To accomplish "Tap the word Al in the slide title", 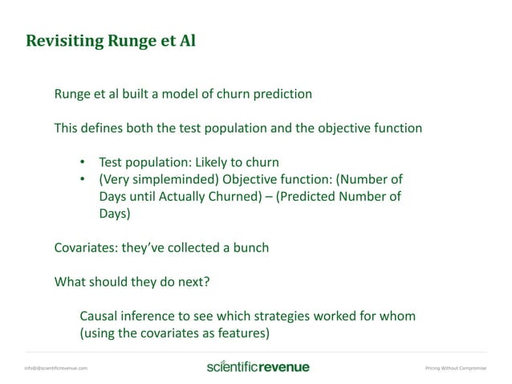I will click(x=185, y=40).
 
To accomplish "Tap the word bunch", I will click(x=250, y=248).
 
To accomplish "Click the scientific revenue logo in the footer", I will click(x=258, y=367).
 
